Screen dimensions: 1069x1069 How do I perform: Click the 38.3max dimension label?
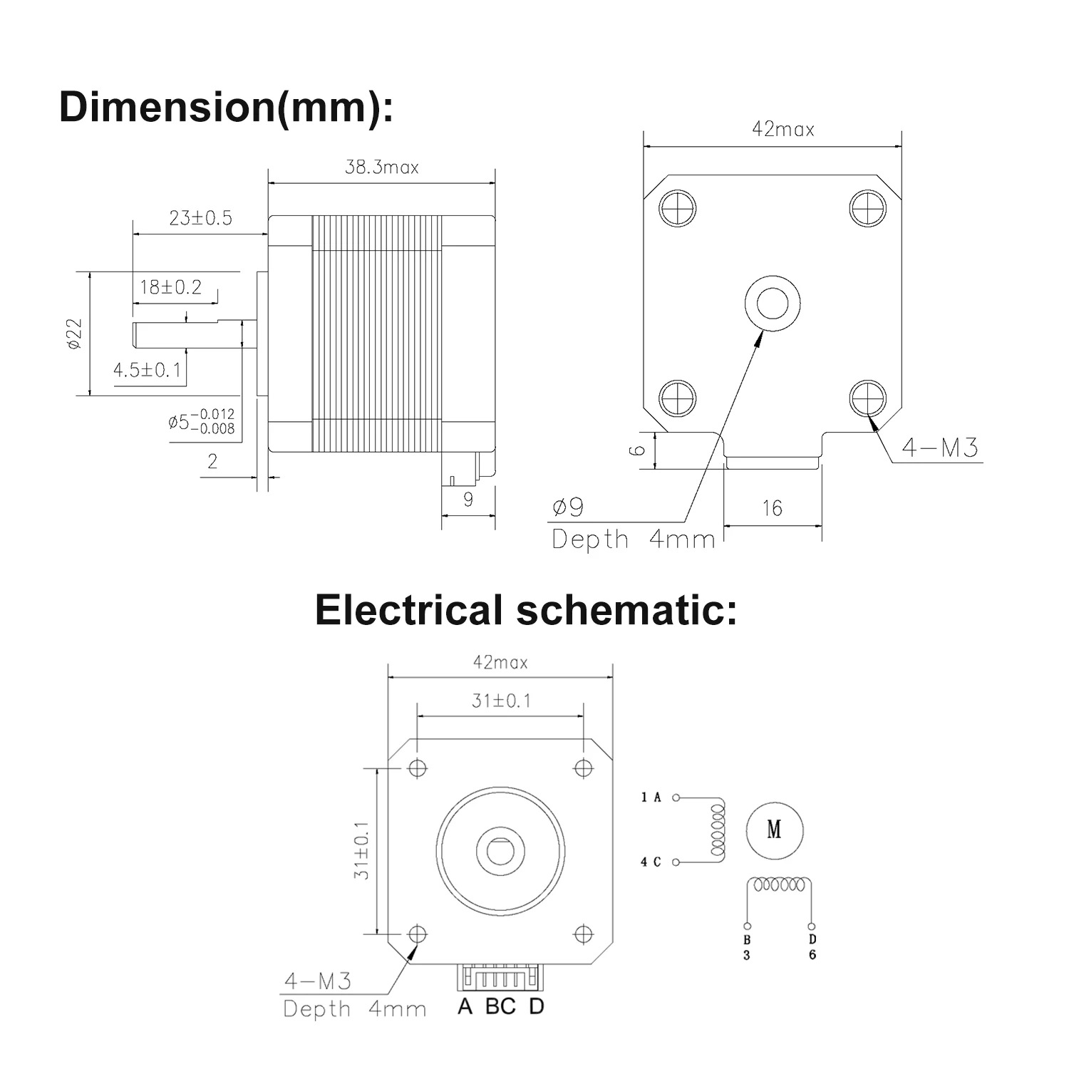(381, 167)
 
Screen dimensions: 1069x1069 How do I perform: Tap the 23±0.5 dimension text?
(200, 218)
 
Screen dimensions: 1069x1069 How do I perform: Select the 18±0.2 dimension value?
(170, 287)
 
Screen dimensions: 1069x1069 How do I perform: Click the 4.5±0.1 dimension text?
(148, 371)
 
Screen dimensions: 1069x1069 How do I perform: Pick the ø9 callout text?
(568, 507)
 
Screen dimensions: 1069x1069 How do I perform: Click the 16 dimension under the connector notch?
(772, 508)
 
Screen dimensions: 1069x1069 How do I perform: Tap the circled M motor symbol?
(774, 830)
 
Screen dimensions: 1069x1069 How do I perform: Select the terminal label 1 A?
(651, 797)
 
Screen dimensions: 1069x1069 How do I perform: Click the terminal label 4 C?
(651, 862)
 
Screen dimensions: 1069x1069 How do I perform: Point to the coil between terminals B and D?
(778, 885)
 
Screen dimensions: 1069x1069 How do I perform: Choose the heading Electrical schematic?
(526, 611)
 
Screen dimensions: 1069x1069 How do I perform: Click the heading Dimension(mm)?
(226, 108)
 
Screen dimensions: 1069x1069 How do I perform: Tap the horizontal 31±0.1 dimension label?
(501, 701)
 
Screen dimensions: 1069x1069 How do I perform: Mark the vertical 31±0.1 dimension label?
(362, 850)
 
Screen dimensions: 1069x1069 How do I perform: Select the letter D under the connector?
(537, 1007)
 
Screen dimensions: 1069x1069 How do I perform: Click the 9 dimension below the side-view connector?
(468, 500)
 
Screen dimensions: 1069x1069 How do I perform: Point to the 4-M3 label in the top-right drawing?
(940, 448)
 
